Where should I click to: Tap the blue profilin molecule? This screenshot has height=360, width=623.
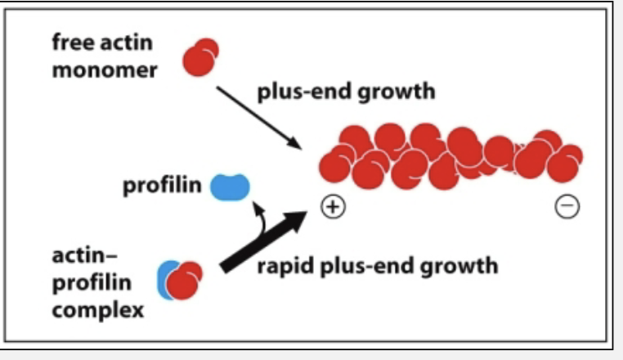[230, 187]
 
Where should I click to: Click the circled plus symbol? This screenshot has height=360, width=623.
[333, 208]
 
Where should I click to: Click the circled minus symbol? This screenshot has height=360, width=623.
[567, 208]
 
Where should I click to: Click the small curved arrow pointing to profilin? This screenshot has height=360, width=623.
[260, 215]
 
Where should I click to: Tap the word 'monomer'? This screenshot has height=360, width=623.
[105, 70]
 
